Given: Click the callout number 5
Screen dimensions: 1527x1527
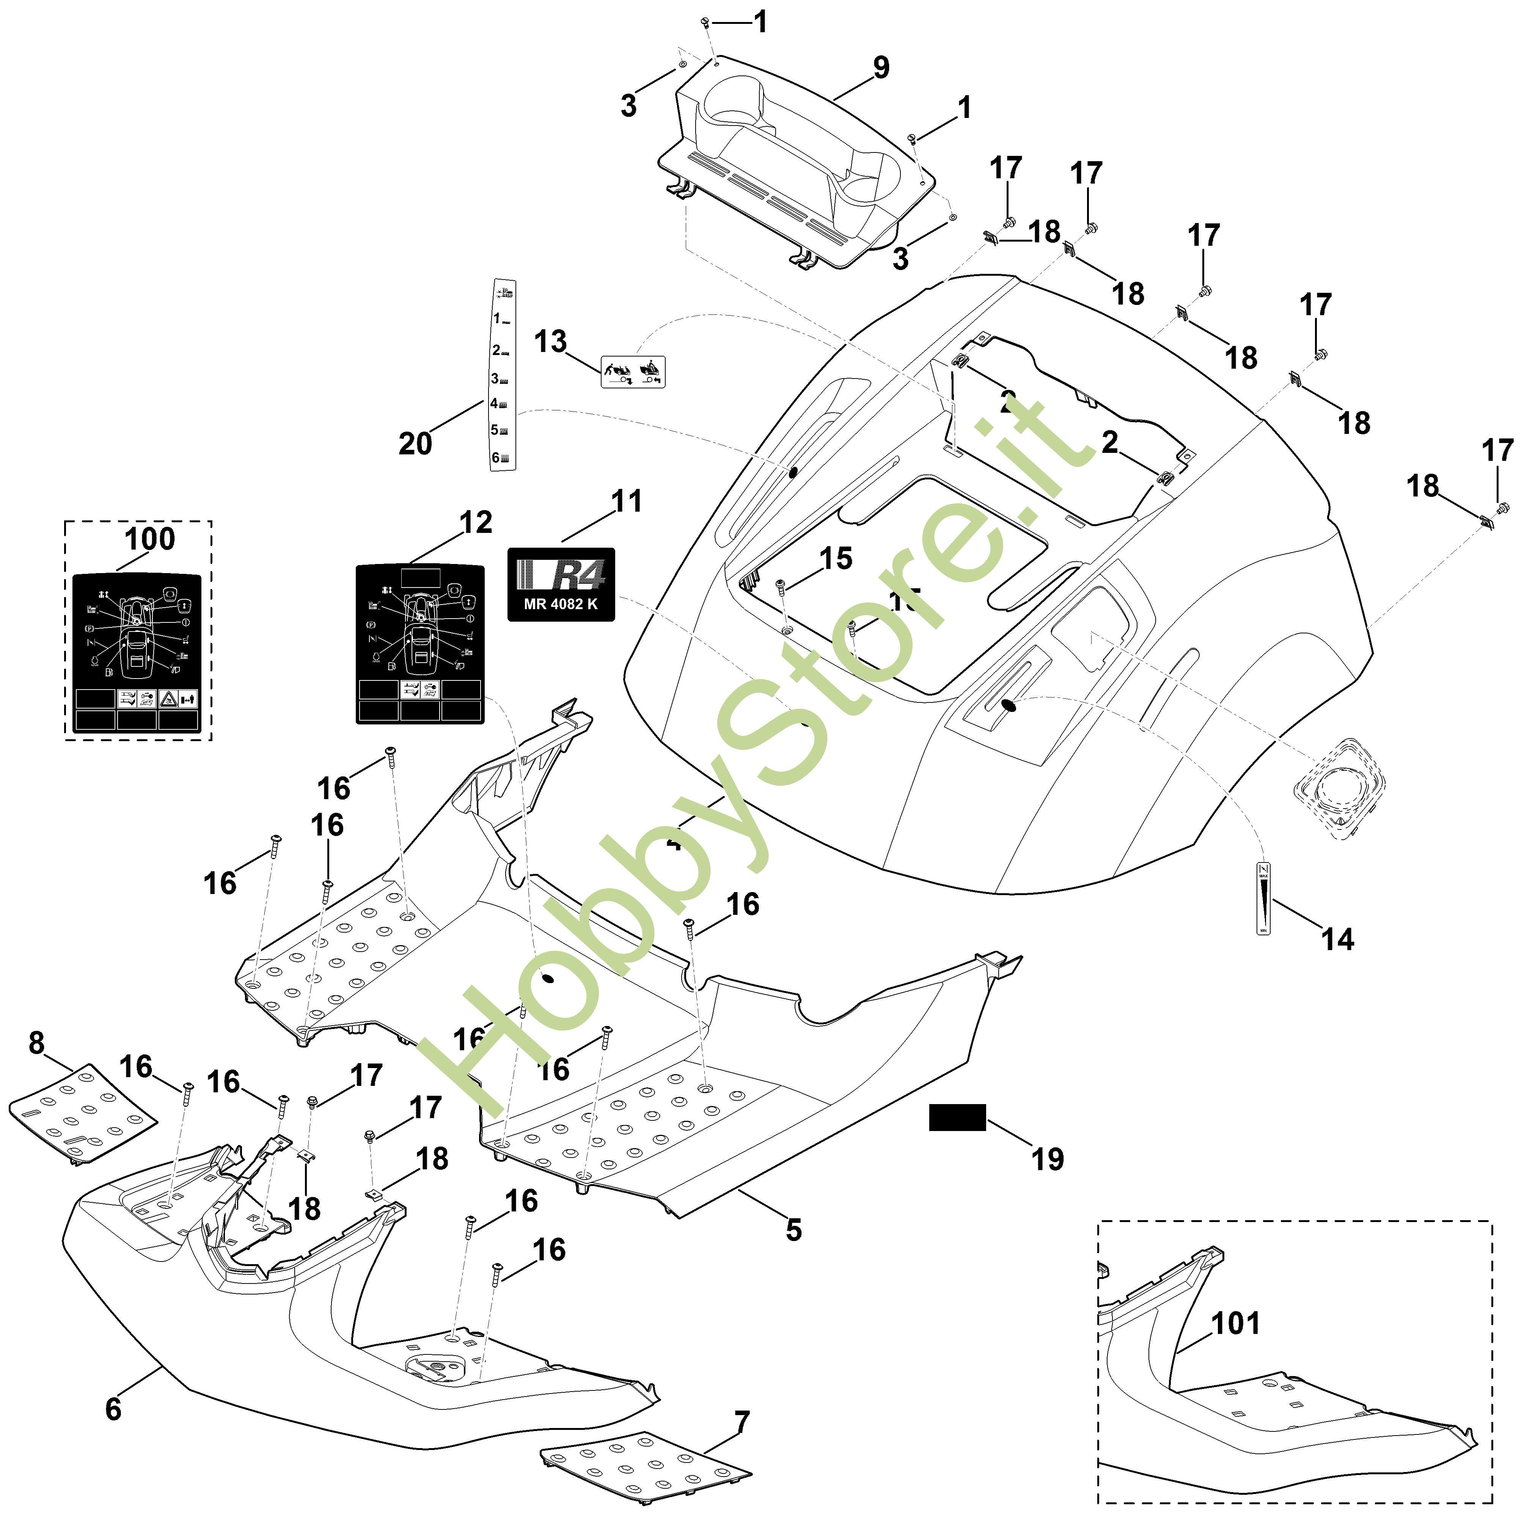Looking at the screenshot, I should tap(793, 1230).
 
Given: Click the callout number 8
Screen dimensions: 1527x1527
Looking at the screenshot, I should tap(36, 1043).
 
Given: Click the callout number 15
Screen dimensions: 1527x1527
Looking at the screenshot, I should tap(836, 559).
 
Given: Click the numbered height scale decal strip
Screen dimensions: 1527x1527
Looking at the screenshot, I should tap(504, 375).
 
